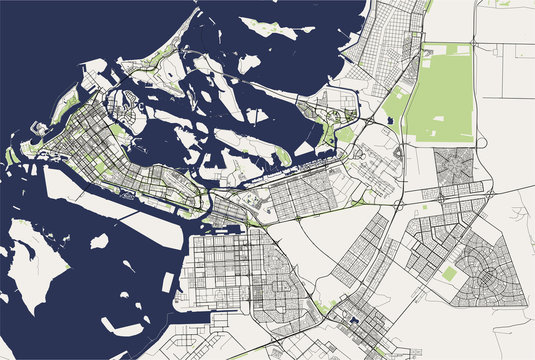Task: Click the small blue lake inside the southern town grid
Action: [x=353, y=320]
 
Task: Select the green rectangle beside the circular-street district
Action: [x=450, y=273]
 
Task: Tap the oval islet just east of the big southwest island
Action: [x=99, y=241]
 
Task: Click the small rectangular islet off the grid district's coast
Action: [x=167, y=282]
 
